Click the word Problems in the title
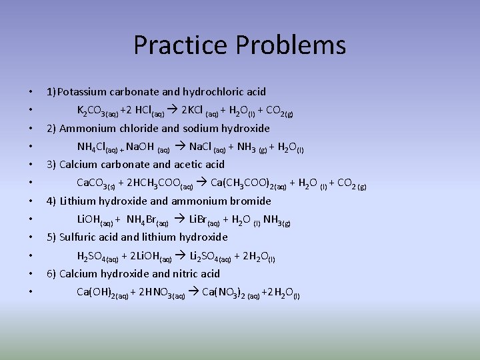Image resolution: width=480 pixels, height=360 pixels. coord(290,45)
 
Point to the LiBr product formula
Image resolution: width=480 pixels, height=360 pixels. coord(201,220)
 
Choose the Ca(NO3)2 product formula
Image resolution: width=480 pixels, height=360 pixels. coord(227,292)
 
